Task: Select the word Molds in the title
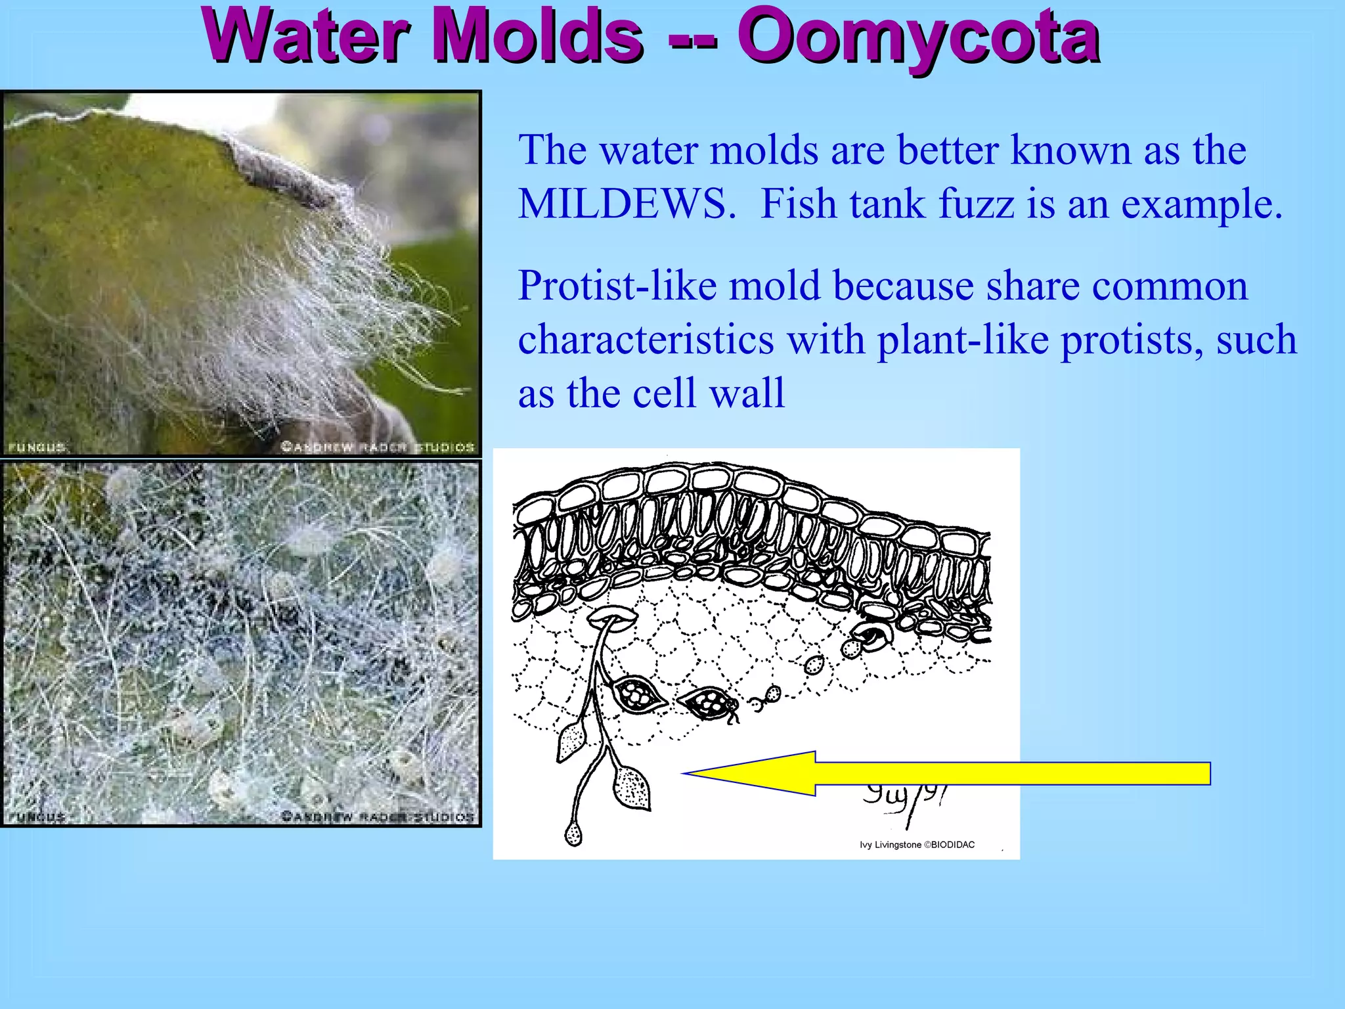point(539,36)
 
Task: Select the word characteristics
point(646,340)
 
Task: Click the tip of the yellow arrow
point(686,773)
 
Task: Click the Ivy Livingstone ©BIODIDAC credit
point(917,845)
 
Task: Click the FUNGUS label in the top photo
point(37,447)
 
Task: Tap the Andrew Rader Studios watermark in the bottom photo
point(378,817)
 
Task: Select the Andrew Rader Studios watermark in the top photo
point(378,447)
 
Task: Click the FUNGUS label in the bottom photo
point(37,817)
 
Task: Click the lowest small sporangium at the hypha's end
point(573,834)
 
